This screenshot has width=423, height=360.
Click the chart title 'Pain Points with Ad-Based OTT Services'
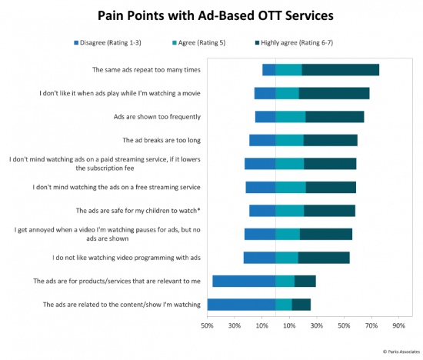click(x=215, y=15)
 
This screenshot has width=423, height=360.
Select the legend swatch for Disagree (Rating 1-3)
click(x=76, y=42)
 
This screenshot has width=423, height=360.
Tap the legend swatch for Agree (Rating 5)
click(x=175, y=42)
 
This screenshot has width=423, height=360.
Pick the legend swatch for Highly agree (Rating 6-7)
click(x=257, y=42)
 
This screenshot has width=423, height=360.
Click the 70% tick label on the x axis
click(x=371, y=325)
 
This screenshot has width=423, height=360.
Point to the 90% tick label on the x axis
click(x=398, y=325)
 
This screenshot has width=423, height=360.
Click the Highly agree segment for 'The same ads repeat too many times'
click(x=341, y=70)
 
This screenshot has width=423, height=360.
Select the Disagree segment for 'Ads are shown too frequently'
click(x=265, y=117)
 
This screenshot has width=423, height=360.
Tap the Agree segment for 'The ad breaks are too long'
click(x=289, y=140)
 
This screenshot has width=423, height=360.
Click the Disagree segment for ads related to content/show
click(x=241, y=305)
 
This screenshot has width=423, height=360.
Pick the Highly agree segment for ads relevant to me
click(x=305, y=281)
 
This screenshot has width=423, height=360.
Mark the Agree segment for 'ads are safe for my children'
click(x=290, y=211)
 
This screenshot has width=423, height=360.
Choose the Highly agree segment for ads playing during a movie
click(x=334, y=93)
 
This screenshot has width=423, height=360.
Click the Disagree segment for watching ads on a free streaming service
click(x=261, y=187)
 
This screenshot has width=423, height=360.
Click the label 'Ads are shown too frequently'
click(x=157, y=117)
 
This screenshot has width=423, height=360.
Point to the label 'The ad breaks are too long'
click(x=162, y=140)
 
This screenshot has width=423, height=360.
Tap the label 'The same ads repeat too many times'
click(x=146, y=70)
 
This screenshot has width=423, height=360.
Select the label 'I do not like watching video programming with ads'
click(x=126, y=258)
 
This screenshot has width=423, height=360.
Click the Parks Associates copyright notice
click(x=401, y=352)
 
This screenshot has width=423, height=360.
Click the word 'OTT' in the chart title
click(x=270, y=15)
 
